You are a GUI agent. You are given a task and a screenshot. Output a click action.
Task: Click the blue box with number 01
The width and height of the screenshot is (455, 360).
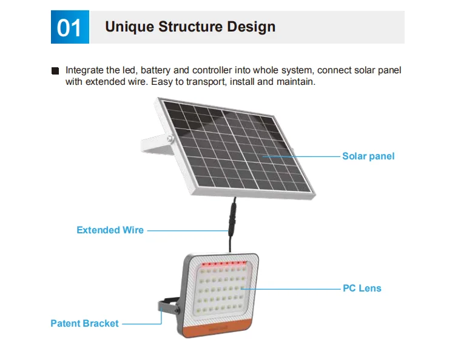[70, 27]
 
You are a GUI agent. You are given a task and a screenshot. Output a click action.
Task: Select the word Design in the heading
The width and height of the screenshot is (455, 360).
[251, 27]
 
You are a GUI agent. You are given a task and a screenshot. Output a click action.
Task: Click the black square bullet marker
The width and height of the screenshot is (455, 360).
[55, 71]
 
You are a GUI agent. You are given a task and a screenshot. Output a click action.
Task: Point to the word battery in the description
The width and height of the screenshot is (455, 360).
[155, 70]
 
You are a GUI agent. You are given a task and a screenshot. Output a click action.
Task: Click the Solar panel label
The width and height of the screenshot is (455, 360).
[368, 156]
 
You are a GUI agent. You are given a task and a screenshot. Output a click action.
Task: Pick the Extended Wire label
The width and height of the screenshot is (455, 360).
[110, 230]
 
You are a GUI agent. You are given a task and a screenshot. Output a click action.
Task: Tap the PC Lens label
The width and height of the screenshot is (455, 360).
[362, 288]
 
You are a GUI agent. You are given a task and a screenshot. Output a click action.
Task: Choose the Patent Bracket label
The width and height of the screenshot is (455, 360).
[84, 324]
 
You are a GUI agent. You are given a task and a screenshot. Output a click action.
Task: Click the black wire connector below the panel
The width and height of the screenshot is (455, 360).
[232, 219]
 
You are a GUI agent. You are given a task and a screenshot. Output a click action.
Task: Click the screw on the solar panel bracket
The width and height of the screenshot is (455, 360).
[170, 139]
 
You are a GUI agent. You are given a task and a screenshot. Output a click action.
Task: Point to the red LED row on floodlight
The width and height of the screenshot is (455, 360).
[224, 264]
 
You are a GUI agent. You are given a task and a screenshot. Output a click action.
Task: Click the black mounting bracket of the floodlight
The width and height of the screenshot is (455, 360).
[169, 307]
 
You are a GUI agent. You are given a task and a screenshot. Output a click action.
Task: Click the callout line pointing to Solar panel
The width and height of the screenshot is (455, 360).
[301, 156]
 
